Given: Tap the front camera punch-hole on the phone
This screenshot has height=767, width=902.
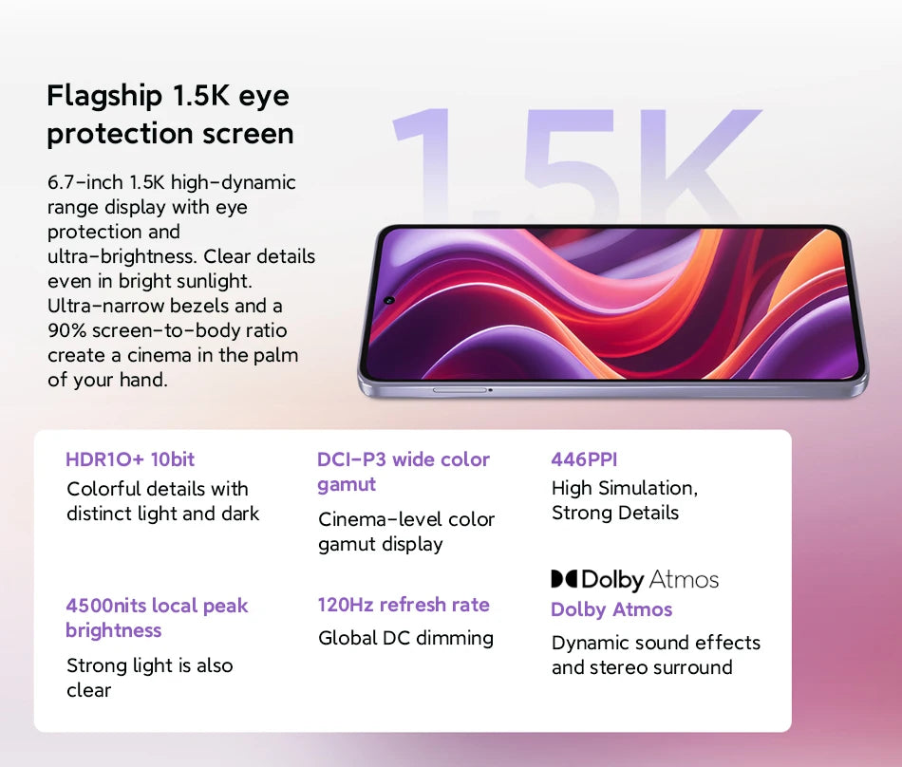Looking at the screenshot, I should [389, 301].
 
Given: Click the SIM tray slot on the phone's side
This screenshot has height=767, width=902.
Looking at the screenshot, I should [460, 389].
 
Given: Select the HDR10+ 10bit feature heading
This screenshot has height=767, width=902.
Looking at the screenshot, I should [130, 459].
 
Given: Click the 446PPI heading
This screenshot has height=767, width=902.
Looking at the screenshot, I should [584, 459].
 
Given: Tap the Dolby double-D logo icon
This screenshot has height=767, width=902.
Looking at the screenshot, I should [564, 579].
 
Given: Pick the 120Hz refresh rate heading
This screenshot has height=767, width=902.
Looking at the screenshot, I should [404, 605].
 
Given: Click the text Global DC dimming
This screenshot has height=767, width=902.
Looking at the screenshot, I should [405, 638].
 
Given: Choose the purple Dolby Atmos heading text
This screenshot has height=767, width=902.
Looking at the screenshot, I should [611, 609].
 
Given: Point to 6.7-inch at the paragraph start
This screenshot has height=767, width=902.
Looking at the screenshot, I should [84, 182].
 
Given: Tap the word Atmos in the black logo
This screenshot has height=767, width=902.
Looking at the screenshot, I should [685, 579].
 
